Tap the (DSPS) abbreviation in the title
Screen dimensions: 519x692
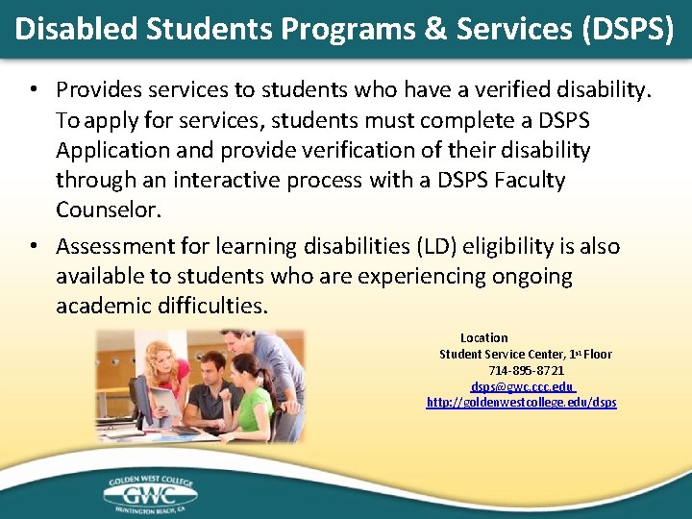coord(627,28)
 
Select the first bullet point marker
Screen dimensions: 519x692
coord(33,90)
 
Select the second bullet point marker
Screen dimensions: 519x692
coord(33,247)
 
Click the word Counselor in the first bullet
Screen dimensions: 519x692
coord(107,210)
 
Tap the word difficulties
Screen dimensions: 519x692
coord(210,306)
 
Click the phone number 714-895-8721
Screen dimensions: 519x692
coord(526,370)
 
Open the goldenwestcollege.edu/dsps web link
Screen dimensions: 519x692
coord(521,402)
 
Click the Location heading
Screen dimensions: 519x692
coord(483,337)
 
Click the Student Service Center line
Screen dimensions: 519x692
coord(525,354)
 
